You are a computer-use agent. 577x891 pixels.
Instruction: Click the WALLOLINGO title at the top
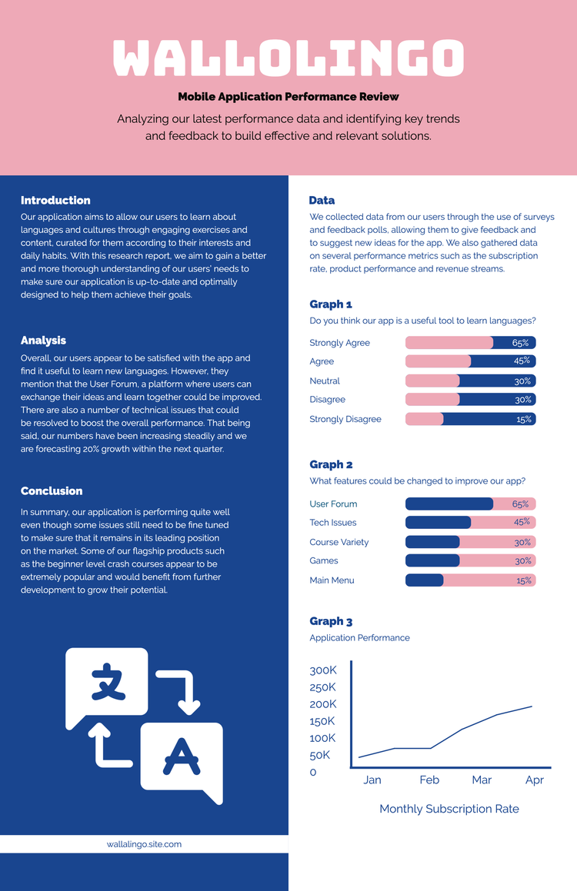pyautogui.click(x=288, y=57)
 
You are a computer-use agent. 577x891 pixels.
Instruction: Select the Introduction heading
pyautogui.click(x=55, y=201)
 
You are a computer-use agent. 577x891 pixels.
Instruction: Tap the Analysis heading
pyautogui.click(x=43, y=341)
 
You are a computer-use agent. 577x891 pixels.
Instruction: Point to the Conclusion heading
pyautogui.click(x=52, y=491)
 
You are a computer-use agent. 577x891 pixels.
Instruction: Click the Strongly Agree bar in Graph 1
pyautogui.click(x=470, y=343)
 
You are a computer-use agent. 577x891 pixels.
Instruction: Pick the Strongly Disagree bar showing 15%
pyautogui.click(x=470, y=419)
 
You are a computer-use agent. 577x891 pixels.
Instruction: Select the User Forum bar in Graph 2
pyautogui.click(x=470, y=504)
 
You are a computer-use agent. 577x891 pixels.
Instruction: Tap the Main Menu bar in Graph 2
pyautogui.click(x=470, y=580)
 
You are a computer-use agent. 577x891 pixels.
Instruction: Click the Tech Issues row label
pyautogui.click(x=333, y=523)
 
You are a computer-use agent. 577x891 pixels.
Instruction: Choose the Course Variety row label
pyautogui.click(x=339, y=542)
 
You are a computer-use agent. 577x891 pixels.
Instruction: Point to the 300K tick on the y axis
pyautogui.click(x=323, y=670)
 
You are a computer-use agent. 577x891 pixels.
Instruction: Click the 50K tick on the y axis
pyautogui.click(x=320, y=755)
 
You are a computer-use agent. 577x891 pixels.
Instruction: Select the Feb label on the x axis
pyautogui.click(x=429, y=780)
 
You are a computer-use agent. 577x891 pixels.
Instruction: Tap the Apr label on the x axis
pyautogui.click(x=534, y=780)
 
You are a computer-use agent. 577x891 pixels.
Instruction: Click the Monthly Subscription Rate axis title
pyautogui.click(x=449, y=809)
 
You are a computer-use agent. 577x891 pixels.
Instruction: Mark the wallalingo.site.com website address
pyautogui.click(x=144, y=844)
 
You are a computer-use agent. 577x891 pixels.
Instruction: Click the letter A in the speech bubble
pyautogui.click(x=181, y=756)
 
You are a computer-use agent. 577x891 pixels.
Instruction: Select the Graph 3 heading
pyautogui.click(x=331, y=621)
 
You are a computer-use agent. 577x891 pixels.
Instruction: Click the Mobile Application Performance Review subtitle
pyautogui.click(x=288, y=97)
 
